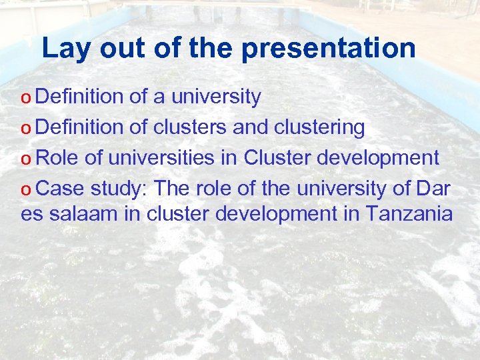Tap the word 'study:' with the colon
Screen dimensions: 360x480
119,189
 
